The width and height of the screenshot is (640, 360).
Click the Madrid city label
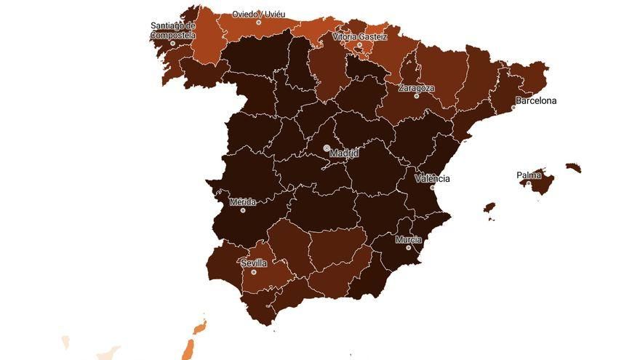click(344, 153)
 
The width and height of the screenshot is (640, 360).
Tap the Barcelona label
click(537, 101)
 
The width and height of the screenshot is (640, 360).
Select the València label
click(433, 178)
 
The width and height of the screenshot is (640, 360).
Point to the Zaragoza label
click(417, 88)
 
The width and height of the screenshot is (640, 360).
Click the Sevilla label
click(254, 263)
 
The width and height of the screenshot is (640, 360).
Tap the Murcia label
click(409, 239)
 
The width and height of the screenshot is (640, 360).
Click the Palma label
click(529, 175)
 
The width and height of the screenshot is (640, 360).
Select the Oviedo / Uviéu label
click(258, 14)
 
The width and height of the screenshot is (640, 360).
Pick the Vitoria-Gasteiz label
click(359, 36)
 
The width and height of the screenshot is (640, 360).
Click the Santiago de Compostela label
click(173, 30)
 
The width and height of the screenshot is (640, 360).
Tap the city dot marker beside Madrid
click(327, 148)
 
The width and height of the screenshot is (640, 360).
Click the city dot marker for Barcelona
click(513, 108)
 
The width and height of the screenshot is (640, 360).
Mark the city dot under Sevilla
click(253, 272)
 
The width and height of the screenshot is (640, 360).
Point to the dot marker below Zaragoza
click(417, 96)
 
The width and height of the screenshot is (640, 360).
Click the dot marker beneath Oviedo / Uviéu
click(258, 23)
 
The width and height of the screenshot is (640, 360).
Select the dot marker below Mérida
click(243, 210)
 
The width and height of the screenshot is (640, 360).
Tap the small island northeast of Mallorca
click(574, 168)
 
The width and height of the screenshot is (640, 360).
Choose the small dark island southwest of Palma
click(489, 208)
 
